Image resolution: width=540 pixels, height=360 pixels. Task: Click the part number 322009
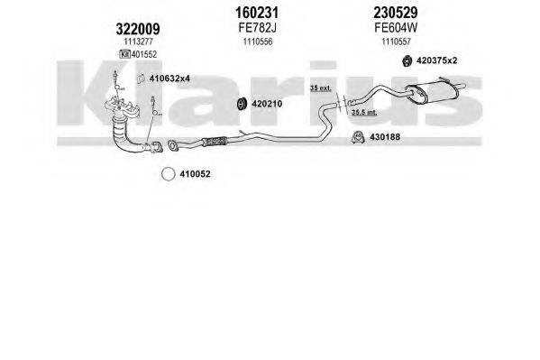138,29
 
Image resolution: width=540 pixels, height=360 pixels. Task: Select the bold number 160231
257,13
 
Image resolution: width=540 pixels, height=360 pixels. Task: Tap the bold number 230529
396,13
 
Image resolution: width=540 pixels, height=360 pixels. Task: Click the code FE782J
257,28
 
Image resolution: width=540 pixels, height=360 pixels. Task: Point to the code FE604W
396,28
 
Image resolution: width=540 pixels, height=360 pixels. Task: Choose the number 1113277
139,42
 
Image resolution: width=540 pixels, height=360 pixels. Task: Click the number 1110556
258,42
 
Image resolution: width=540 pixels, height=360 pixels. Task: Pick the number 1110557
396,42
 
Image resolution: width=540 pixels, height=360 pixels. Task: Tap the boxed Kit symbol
124,54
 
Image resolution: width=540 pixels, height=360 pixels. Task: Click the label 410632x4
169,78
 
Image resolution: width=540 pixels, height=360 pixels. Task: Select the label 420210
267,104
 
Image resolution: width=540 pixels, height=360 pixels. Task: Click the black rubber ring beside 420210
243,104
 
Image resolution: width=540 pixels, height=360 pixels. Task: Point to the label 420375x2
436,60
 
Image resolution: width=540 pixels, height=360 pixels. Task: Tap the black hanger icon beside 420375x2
407,61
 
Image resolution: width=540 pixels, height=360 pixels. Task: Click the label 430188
385,137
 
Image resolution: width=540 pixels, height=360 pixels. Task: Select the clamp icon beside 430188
358,137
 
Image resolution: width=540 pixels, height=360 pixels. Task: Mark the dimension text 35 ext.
320,88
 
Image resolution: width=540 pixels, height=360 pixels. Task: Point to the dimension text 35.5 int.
364,113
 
